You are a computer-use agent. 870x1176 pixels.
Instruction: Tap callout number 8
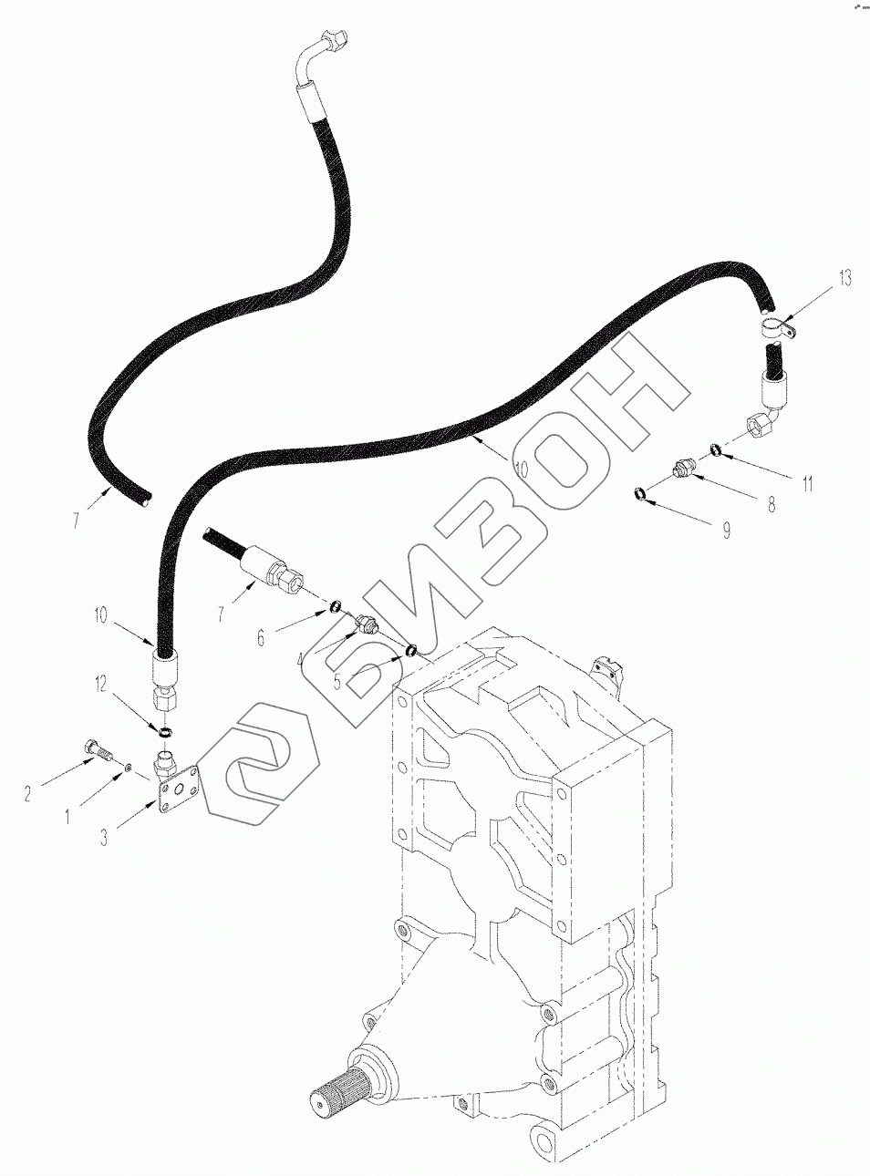[x=772, y=503]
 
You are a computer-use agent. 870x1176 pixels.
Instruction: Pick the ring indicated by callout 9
[x=644, y=494]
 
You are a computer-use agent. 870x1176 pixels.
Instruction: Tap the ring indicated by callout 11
[x=716, y=448]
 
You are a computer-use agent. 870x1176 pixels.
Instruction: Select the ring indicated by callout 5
[x=412, y=650]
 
